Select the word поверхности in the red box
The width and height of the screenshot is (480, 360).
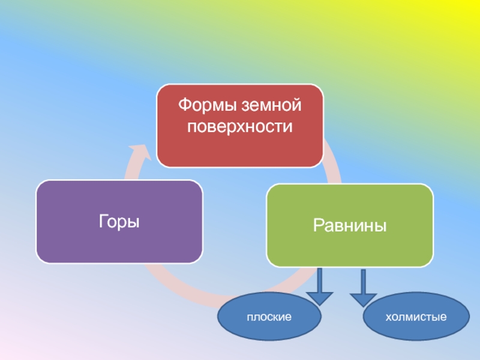coord(239,127)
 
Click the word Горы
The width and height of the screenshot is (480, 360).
coord(119,222)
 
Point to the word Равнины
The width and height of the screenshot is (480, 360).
coord(349,226)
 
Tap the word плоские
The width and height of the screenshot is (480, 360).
coord(269,316)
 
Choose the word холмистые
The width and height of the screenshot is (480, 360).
coord(416,316)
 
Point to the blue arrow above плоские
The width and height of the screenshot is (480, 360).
coord(320,288)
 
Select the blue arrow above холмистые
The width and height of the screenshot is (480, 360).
coord(363,288)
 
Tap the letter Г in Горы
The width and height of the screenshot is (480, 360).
coord(104,222)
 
